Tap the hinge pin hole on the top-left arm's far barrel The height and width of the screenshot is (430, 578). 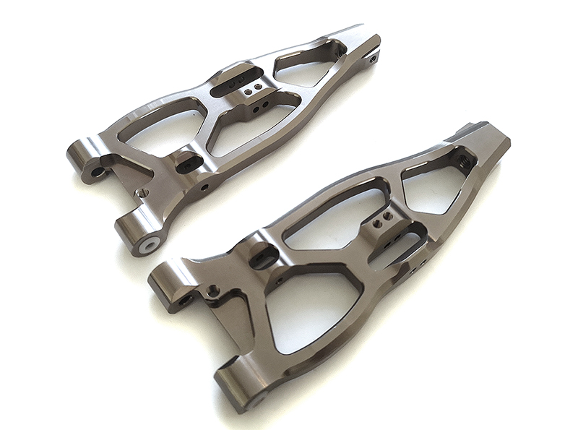click(97, 172)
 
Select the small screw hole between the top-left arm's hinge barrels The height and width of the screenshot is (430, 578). click(143, 193)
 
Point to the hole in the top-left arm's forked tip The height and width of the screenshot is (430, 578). click(372, 59)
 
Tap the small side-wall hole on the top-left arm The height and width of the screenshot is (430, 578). click(205, 187)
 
